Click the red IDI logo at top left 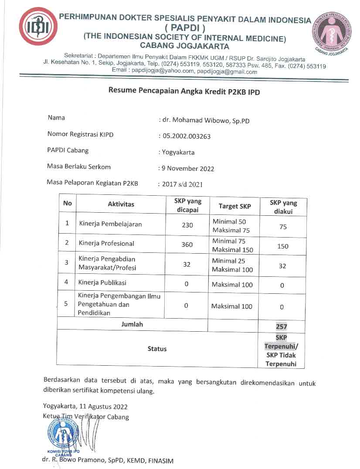[x=38, y=27]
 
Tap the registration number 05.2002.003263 [x=187, y=136]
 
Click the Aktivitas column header [x=121, y=204]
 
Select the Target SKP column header [x=234, y=206]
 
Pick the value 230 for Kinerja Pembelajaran [x=187, y=225]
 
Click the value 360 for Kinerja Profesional [x=187, y=245]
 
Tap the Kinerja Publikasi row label [x=102, y=282]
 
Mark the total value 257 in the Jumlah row [x=282, y=326]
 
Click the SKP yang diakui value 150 [x=283, y=246]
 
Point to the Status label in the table [x=157, y=349]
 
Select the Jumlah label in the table [x=132, y=324]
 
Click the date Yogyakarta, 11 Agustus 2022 [x=85, y=407]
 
